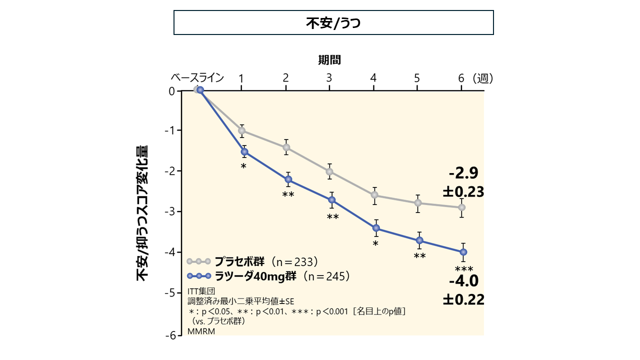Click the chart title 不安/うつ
[333, 23]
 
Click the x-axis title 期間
[329, 60]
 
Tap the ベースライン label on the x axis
[197, 78]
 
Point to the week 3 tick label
[329, 78]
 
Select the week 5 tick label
[417, 78]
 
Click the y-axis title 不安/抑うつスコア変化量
[143, 213]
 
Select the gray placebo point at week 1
[242, 130]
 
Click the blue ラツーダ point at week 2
[288, 179]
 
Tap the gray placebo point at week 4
[375, 195]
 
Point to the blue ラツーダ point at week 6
[463, 252]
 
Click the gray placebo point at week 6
[462, 207]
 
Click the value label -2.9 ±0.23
[463, 182]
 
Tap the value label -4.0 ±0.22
[463, 290]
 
